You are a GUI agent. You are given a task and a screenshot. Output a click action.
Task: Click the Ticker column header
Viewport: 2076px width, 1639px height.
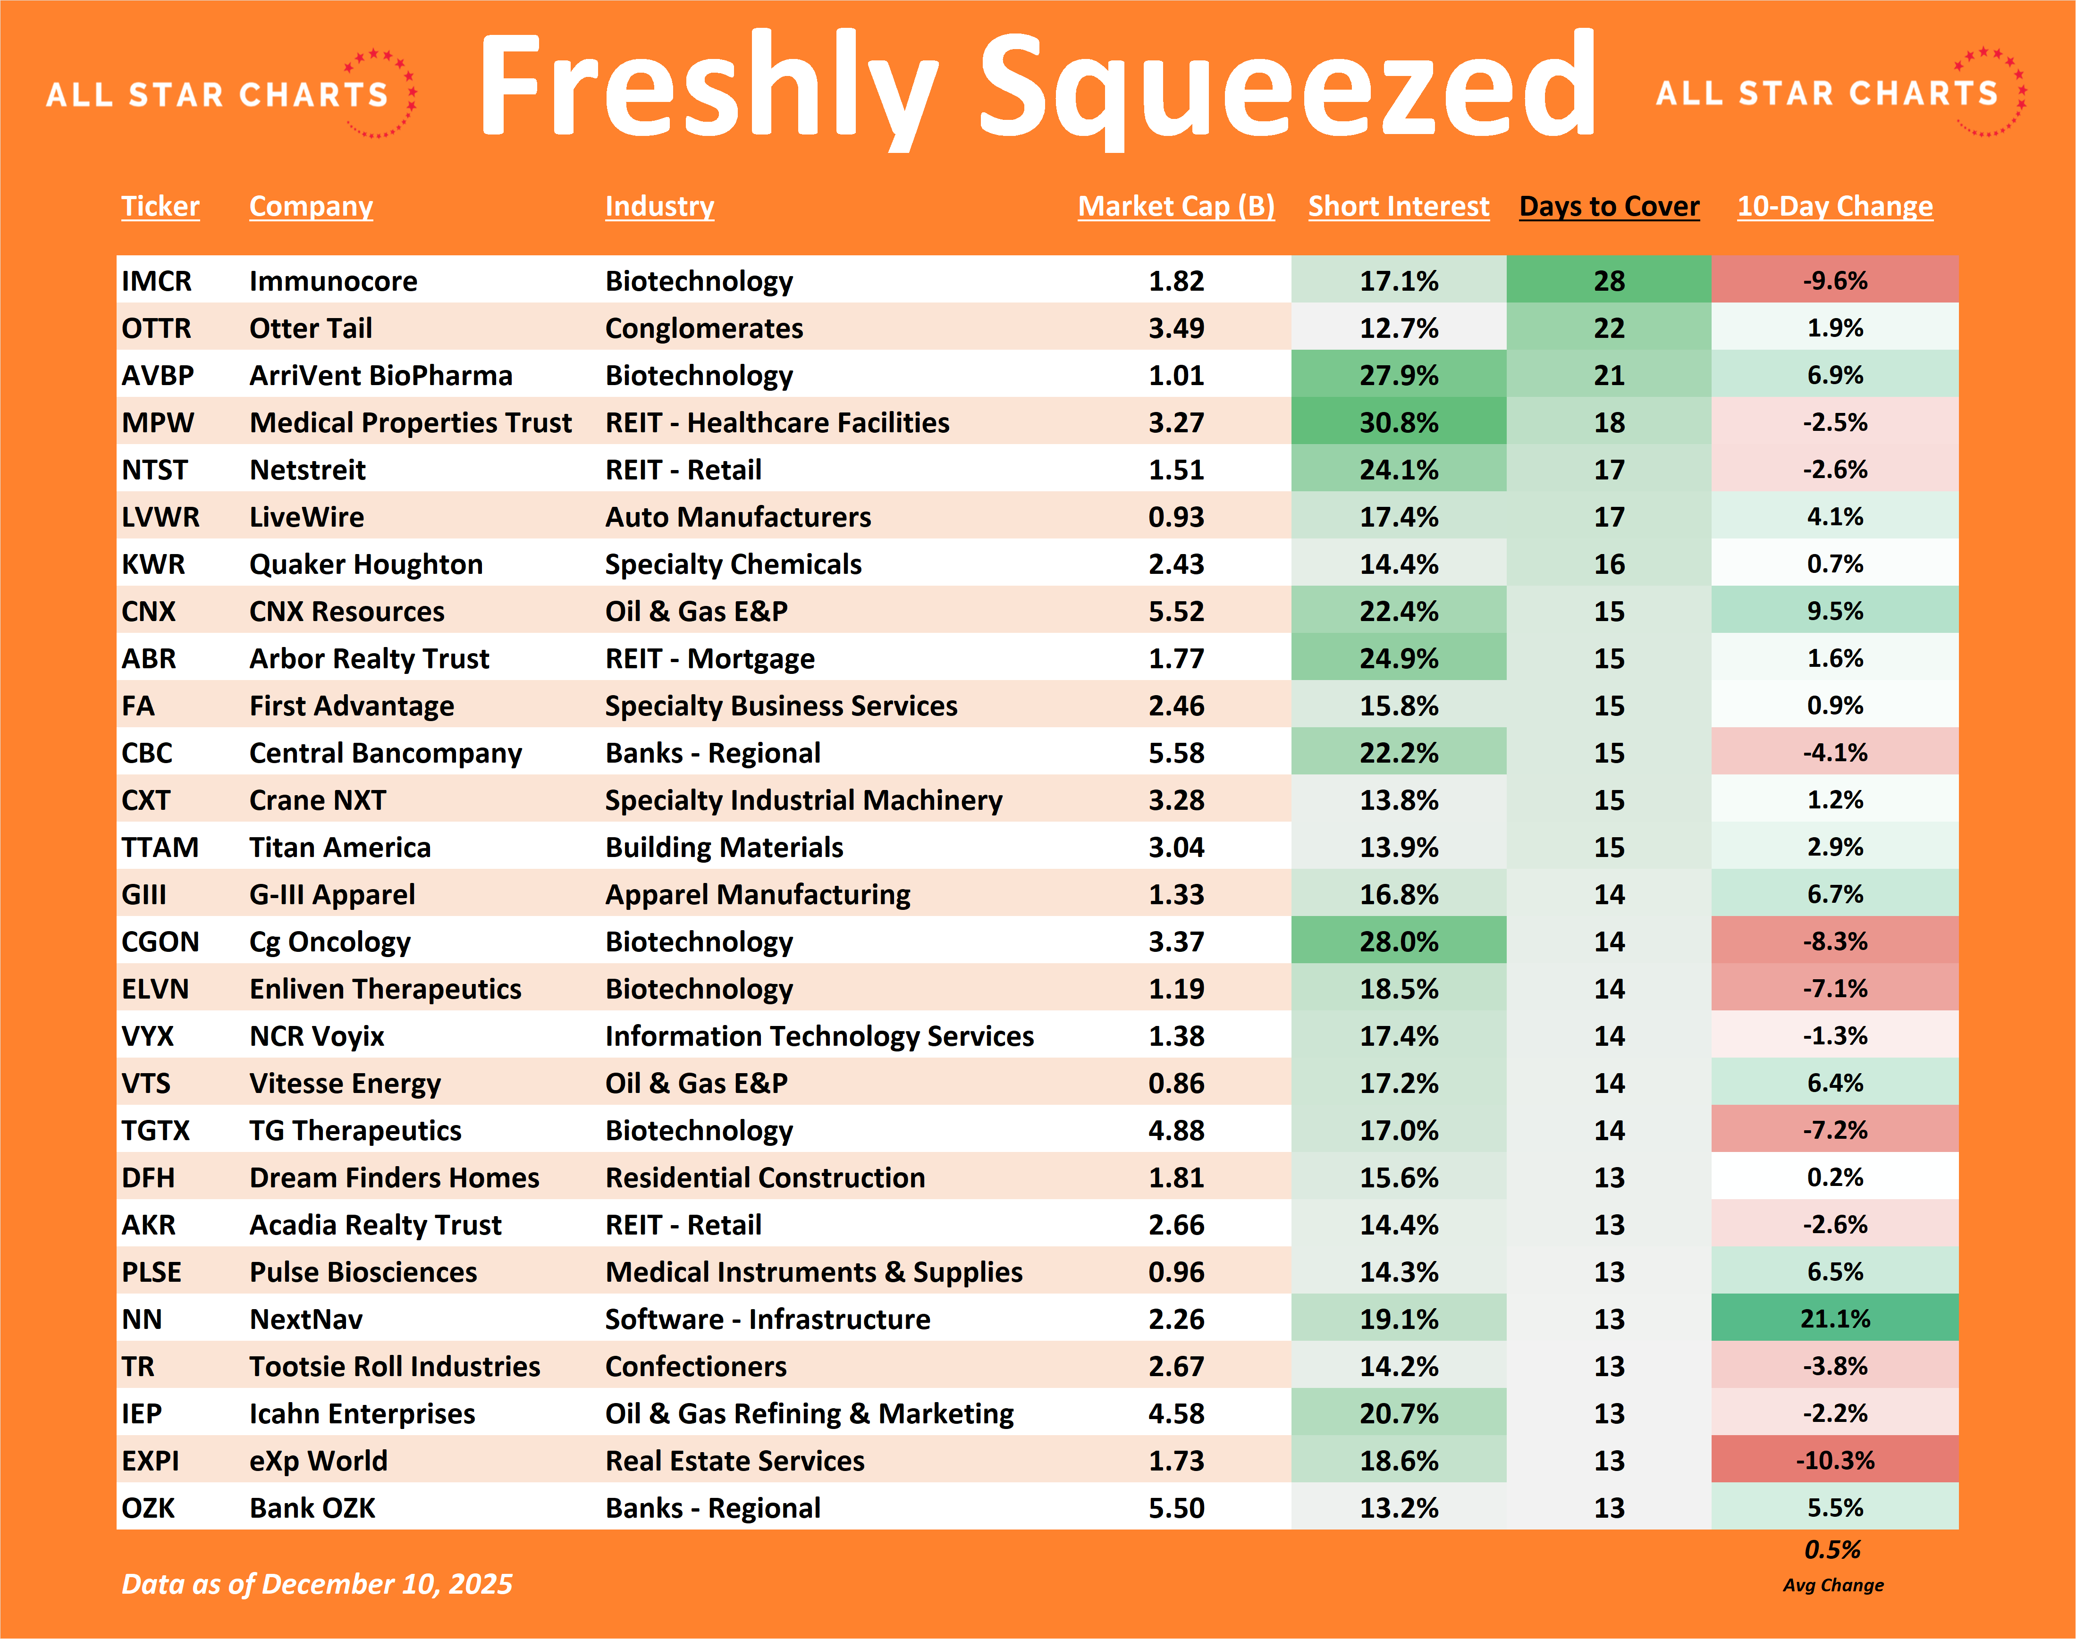coord(160,206)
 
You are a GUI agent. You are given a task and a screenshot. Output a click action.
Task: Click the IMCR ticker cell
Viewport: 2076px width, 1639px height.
coord(156,281)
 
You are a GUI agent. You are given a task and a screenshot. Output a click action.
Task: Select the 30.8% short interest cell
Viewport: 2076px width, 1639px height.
coord(1398,422)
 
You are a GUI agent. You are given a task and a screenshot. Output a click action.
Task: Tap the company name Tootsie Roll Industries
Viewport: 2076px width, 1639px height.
coord(395,1367)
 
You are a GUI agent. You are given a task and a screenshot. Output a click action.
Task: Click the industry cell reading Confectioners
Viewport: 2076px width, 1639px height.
coord(696,1367)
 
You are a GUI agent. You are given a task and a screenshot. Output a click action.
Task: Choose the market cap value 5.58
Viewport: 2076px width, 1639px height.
coord(1176,753)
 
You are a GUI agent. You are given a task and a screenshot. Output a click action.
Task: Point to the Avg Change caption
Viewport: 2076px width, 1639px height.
coord(1833,1585)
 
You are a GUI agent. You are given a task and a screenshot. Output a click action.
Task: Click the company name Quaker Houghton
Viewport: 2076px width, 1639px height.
coord(366,564)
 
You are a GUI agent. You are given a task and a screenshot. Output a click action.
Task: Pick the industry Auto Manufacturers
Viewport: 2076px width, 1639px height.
coord(737,517)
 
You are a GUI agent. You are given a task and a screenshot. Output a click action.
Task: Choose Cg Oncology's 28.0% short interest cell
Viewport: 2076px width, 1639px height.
coord(1398,941)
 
